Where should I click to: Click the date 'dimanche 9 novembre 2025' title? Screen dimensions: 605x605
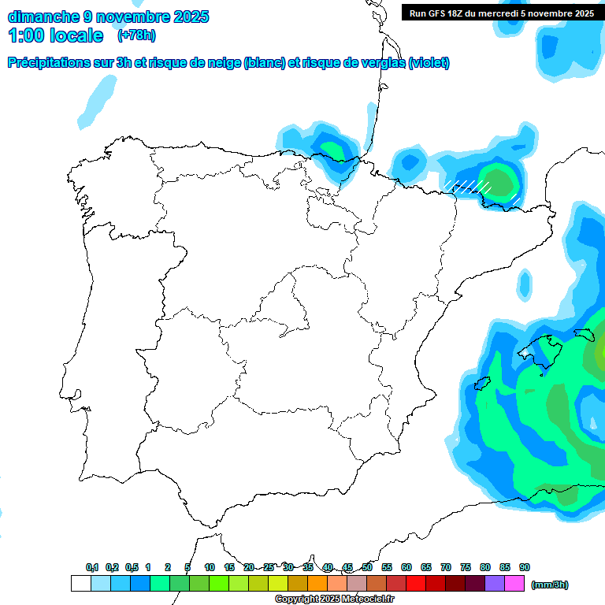click(x=108, y=16)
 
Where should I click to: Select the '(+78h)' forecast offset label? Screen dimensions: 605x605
click(x=136, y=35)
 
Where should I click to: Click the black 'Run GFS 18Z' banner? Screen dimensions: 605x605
click(x=499, y=13)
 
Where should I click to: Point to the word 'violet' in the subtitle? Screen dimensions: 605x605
click(x=428, y=63)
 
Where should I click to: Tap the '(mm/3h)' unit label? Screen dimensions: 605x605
click(x=550, y=585)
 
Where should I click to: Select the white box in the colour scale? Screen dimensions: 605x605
click(x=80, y=583)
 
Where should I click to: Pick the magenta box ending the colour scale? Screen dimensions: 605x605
click(x=514, y=583)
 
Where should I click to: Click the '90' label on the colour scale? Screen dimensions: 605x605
click(x=525, y=567)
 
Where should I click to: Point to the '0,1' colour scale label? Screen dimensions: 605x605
click(x=92, y=567)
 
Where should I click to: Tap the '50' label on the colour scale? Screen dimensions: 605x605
click(x=367, y=567)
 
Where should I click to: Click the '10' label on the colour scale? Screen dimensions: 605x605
click(x=210, y=567)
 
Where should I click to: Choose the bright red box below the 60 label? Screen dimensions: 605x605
click(x=416, y=583)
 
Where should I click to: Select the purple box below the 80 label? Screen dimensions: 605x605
click(x=495, y=583)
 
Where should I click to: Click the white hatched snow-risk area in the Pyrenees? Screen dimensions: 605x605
click(x=468, y=186)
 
